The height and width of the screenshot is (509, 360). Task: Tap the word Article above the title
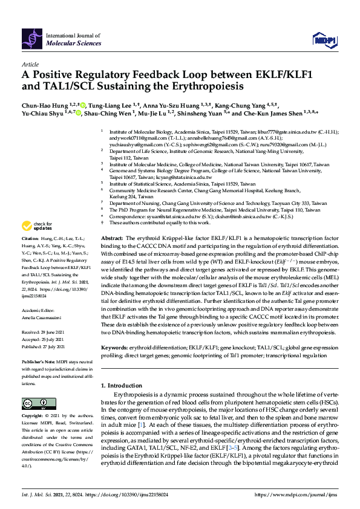click(30, 64)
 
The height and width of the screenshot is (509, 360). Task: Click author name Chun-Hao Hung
click(44, 105)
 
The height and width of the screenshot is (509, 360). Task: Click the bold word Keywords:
click(115, 348)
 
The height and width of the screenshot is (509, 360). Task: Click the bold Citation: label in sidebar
click(32, 256)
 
